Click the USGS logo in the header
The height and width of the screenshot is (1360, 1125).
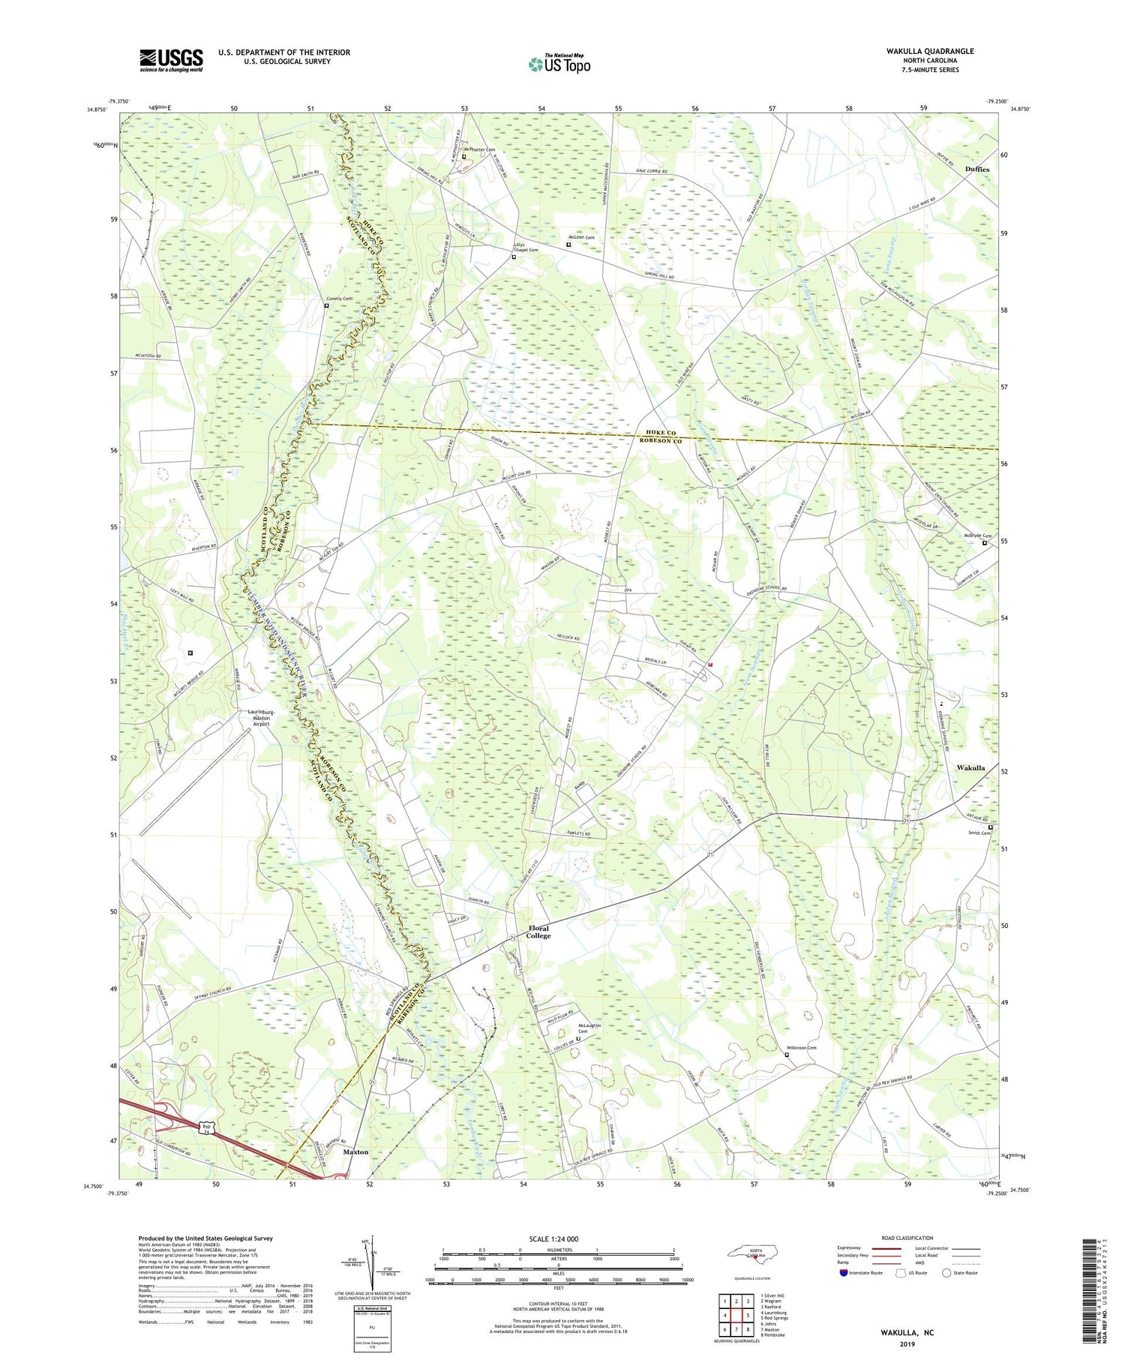(171, 60)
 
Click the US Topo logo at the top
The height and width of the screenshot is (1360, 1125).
(559, 65)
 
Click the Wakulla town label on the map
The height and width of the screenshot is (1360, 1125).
(970, 768)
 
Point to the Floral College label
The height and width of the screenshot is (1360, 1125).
(538, 932)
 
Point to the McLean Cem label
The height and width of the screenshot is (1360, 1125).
(582, 238)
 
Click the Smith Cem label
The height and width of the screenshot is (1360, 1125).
(979, 833)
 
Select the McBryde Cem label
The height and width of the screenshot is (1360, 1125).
(977, 536)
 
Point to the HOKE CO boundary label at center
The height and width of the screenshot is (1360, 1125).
(661, 434)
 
